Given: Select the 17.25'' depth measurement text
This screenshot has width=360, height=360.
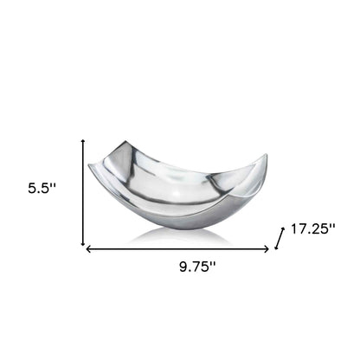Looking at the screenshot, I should point(313,230).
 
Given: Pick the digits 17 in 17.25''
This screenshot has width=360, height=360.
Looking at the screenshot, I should point(298,230).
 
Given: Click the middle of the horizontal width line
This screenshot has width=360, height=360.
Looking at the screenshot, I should point(180,250).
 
